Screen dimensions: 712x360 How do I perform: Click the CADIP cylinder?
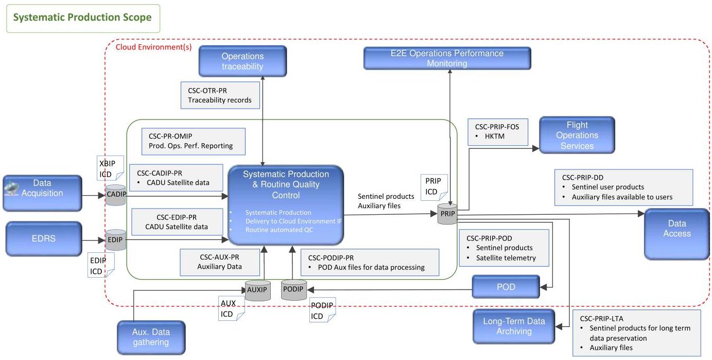[x=116, y=195]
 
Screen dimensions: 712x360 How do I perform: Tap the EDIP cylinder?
[x=116, y=240]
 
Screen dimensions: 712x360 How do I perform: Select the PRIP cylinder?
[x=447, y=214]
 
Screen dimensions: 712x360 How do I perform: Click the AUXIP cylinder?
[x=258, y=290]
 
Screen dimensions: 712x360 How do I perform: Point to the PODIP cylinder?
[x=294, y=289]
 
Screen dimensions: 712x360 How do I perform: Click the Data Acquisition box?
[x=43, y=193]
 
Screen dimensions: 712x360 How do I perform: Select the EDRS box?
[x=44, y=239]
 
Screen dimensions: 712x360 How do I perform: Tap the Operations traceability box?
[x=242, y=61]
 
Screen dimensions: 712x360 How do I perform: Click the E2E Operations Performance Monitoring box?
[x=447, y=58]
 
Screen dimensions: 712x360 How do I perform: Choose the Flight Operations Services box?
[x=577, y=135]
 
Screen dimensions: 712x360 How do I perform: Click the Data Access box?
[x=677, y=234]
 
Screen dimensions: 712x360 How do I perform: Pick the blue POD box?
[x=506, y=286]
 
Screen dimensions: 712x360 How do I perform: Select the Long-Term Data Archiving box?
[x=514, y=327]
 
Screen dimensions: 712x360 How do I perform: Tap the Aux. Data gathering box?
[x=151, y=337]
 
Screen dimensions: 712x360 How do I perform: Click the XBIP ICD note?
[x=110, y=168]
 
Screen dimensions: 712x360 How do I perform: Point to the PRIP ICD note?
[x=434, y=187]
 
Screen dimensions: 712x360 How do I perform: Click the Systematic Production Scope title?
[x=82, y=17]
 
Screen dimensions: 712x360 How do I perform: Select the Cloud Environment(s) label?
[x=153, y=47]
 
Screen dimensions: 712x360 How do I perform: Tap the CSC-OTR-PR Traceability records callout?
[x=220, y=95]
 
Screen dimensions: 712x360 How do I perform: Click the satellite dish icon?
[x=11, y=188]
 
